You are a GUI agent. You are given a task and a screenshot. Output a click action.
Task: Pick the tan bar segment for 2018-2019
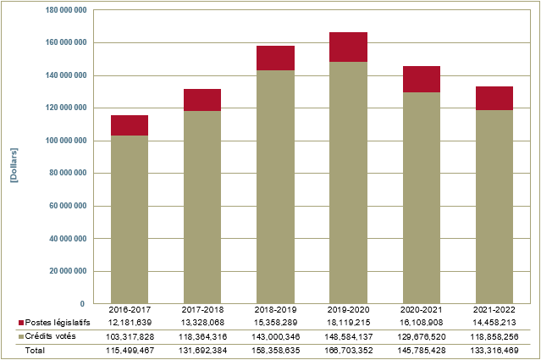tap(276, 186)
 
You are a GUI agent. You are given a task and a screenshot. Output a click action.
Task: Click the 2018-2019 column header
tap(276, 310)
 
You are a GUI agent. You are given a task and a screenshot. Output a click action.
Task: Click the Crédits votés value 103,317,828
tap(130, 336)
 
